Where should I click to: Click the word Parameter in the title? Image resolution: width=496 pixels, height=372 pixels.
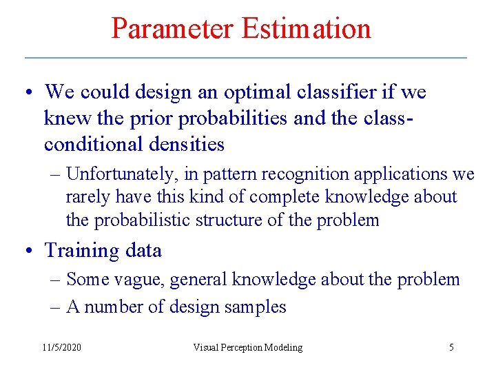point(173,28)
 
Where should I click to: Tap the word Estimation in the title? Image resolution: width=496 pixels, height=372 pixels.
point(306,28)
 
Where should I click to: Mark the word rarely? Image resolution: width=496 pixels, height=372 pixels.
point(85,197)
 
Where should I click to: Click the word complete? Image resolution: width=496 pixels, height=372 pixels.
point(282,197)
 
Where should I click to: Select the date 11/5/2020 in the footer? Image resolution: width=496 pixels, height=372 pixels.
point(61,347)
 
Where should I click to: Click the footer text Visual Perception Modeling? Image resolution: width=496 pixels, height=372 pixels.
point(247,347)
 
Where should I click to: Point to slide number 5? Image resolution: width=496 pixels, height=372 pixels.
point(451,347)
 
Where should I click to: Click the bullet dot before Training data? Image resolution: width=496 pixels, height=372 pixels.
point(29,251)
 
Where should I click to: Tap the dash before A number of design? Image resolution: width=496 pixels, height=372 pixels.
point(55,307)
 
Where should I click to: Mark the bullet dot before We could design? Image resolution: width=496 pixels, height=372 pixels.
point(29,92)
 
